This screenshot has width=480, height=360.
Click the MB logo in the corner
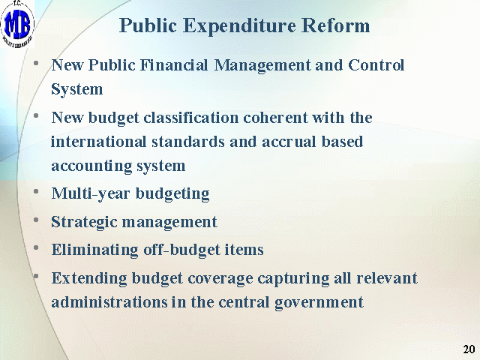(x=17, y=24)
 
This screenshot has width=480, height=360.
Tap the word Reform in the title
(x=335, y=25)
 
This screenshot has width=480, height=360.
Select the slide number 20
(x=469, y=349)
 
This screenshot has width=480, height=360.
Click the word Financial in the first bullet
(x=173, y=65)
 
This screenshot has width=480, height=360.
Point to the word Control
(x=376, y=65)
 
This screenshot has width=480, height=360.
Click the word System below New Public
(x=76, y=89)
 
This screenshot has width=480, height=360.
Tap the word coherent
(x=275, y=118)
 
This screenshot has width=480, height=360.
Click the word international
(x=98, y=142)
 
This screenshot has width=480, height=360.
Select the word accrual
(x=289, y=142)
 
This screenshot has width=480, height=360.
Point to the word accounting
(x=91, y=166)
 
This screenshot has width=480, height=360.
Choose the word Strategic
(x=84, y=222)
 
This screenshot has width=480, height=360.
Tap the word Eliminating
(x=95, y=250)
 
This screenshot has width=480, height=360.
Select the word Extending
(x=89, y=278)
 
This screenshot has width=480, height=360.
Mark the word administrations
(x=109, y=301)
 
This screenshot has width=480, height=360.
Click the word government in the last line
(x=319, y=302)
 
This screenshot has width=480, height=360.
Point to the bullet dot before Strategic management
(x=36, y=219)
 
